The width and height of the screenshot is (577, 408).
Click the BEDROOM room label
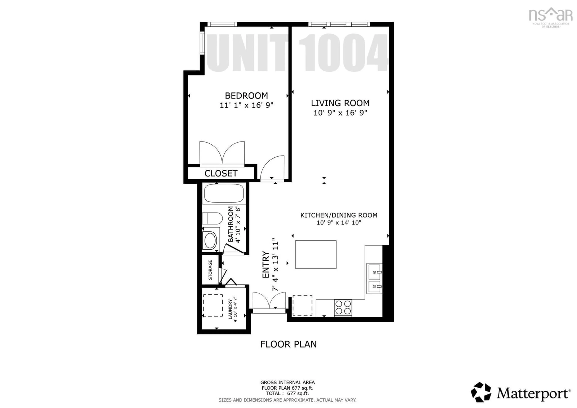[246, 96]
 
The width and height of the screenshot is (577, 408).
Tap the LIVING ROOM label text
[340, 103]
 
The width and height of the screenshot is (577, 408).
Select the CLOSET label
[221, 173]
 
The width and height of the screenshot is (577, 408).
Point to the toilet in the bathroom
[212, 218]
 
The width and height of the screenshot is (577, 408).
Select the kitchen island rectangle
[316, 254]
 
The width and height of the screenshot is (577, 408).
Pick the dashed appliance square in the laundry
[213, 305]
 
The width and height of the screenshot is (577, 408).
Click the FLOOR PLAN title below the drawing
[288, 344]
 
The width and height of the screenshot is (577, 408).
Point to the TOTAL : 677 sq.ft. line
[287, 393]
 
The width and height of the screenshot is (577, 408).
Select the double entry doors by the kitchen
[269, 302]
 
